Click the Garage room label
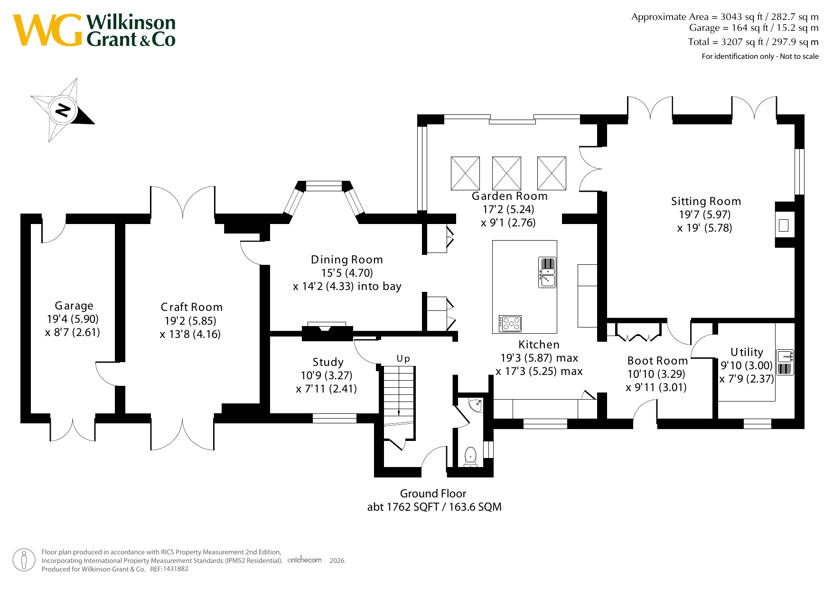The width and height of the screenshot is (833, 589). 74,306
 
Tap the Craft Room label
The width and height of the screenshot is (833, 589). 192,307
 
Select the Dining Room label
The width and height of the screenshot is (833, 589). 347,260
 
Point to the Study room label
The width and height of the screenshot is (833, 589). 328,362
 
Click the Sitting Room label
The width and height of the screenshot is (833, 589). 706,201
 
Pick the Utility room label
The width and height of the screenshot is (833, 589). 747,352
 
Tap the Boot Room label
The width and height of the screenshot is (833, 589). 657,361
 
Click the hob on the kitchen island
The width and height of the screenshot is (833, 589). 510,324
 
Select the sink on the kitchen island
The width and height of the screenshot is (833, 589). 547,272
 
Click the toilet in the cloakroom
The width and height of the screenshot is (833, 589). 470,457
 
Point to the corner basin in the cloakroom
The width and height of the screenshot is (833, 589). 476,405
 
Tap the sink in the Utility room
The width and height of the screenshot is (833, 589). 785,362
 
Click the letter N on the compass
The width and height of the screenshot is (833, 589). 63,110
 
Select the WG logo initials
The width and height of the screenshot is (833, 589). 47,30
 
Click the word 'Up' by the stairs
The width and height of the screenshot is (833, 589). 403,359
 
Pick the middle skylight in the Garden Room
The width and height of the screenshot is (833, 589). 506,173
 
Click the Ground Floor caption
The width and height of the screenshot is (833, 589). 433,494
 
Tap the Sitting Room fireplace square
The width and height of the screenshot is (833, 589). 784,225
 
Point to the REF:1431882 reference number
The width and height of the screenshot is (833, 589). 169,569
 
